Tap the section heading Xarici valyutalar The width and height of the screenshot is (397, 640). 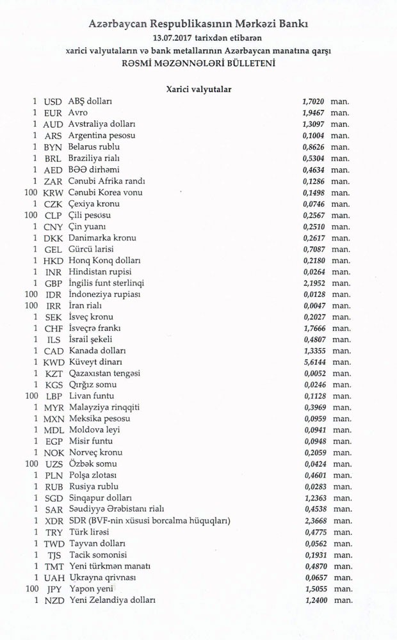tap(199, 90)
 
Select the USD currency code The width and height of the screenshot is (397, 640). tap(53, 102)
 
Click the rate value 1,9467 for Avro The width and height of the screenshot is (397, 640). tap(313, 113)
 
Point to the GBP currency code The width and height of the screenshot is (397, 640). tap(53, 283)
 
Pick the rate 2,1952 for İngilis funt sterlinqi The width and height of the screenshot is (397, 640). tap(313, 283)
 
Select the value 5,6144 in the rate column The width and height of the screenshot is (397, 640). tap(313, 362)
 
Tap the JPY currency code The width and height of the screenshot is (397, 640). tap(53, 589)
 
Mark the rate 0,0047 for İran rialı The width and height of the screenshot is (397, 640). tap(313, 305)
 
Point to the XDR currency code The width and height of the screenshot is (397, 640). tap(53, 521)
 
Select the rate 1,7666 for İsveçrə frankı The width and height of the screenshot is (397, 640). tap(313, 328)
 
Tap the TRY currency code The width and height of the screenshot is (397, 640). tap(53, 532)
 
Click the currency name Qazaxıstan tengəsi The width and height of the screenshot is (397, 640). tap(104, 373)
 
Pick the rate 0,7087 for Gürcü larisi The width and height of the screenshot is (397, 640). tap(313, 249)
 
